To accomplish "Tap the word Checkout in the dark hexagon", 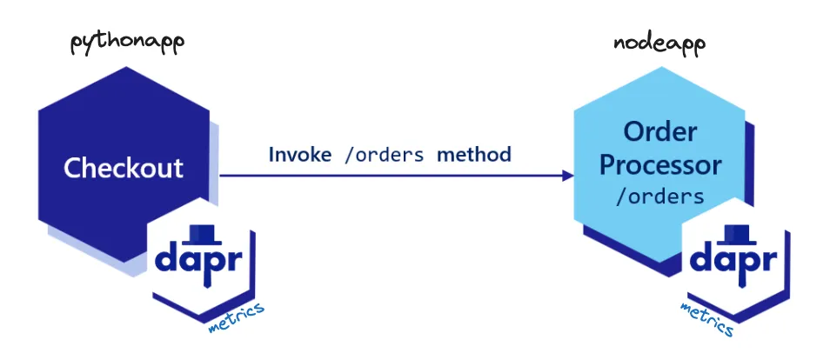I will point(124,167).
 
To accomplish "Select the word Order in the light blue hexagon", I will point(660,132).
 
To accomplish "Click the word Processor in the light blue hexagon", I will point(661,164).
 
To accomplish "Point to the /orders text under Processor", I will point(659,197).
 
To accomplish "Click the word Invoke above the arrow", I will point(300,155).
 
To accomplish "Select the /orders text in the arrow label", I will point(384,155).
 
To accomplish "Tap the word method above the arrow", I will point(474,155).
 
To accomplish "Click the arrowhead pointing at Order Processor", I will point(568,176).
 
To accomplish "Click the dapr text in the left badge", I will point(204,261).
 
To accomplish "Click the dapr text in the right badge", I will point(736,261).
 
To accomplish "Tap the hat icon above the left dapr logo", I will point(203,232).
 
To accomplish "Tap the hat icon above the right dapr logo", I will point(737,232).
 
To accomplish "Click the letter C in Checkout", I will point(73,167).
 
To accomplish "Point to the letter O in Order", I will point(634,132).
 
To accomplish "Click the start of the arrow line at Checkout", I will point(223,176).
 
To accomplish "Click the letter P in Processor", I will point(609,164).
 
